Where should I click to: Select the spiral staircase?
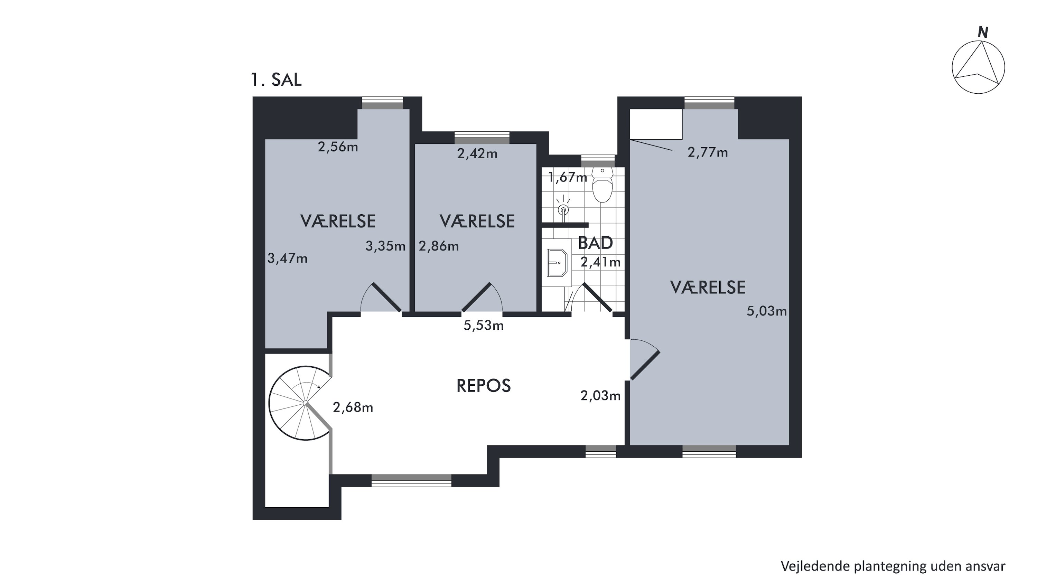pyautogui.click(x=300, y=403)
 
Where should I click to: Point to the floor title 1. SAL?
pyautogui.click(x=276, y=80)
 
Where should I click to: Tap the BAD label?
pyautogui.click(x=595, y=243)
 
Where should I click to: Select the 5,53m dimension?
pyautogui.click(x=484, y=325)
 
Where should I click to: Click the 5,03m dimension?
pyautogui.click(x=766, y=311)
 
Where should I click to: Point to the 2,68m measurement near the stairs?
pyautogui.click(x=353, y=407)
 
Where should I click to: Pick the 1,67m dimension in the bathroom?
pyautogui.click(x=568, y=177)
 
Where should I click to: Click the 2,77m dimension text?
pyautogui.click(x=708, y=152)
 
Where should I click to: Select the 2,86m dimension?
pyautogui.click(x=439, y=246)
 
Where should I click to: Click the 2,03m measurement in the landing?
pyautogui.click(x=600, y=395)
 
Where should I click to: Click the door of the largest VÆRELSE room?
pyautogui.click(x=645, y=365)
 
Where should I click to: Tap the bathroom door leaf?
pyautogui.click(x=597, y=297)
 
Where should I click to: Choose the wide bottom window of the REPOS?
pyautogui.click(x=411, y=480)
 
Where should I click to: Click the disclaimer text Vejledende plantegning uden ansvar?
pyautogui.click(x=893, y=566)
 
